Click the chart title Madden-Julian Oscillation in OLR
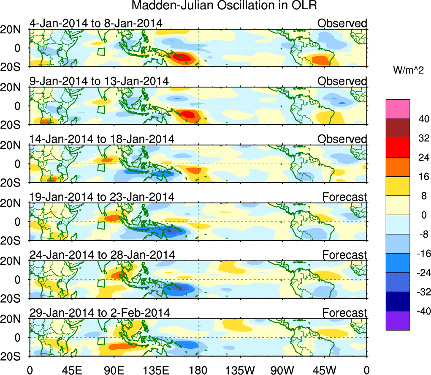coord(224,6)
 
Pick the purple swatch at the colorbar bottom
coord(397,320)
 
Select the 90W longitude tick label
coord(282,370)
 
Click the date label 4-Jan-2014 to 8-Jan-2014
coord(96,23)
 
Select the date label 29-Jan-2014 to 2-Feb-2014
coord(100,313)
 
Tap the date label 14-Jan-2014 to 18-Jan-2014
coord(102,139)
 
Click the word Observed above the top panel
coord(342,23)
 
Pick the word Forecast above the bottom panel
coord(345,313)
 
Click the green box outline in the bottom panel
coord(101,342)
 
